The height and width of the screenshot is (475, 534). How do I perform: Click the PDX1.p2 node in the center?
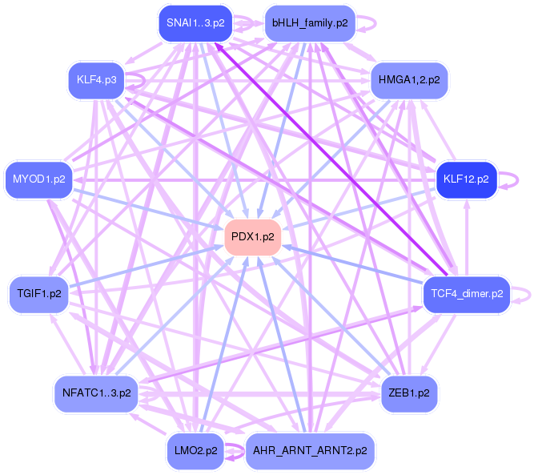253,236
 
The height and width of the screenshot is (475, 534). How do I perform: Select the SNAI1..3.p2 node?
195,22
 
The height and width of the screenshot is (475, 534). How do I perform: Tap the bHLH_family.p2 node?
309,22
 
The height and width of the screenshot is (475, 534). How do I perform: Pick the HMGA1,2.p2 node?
409,80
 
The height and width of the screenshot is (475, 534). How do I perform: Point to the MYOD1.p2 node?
38,179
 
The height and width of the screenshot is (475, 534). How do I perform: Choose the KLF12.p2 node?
466,179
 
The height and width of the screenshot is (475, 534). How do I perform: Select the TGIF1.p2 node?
38,294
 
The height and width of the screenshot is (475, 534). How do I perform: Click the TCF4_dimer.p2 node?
466,294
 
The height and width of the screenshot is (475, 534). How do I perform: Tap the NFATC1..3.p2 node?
96,392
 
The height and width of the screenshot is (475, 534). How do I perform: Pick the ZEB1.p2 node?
408,392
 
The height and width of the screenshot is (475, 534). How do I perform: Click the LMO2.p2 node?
195,450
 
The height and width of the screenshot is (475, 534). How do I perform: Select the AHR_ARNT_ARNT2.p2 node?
309,450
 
